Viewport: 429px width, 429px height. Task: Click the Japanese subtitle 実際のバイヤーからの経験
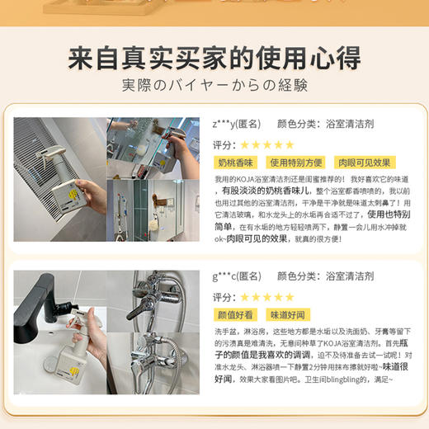point(214,85)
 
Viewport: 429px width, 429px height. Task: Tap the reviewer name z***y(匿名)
point(236,124)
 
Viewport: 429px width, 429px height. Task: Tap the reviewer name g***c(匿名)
point(236,276)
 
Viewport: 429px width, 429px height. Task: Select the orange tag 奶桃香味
point(235,163)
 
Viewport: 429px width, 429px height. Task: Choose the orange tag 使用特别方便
point(293,163)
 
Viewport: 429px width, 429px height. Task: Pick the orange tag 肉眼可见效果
point(359,163)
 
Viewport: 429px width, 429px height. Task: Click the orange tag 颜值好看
point(235,315)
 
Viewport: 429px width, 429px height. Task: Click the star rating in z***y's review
point(266,144)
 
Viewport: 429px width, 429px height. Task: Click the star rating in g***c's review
point(266,297)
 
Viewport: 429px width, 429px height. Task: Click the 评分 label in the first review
point(224,144)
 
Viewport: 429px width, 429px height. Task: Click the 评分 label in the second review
point(224,297)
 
